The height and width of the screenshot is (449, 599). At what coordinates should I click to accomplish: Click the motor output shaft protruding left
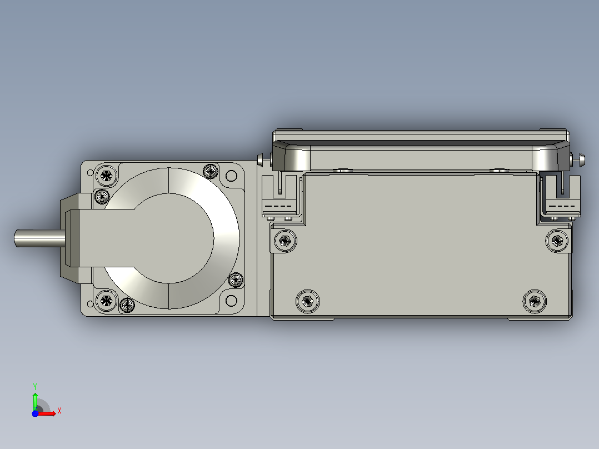click(40, 238)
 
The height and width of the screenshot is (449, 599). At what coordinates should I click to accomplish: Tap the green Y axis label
click(35, 386)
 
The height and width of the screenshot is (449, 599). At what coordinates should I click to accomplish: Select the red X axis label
click(59, 411)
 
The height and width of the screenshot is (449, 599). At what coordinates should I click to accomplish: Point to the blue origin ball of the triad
click(35, 413)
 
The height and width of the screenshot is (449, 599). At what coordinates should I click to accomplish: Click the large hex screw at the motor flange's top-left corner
click(106, 176)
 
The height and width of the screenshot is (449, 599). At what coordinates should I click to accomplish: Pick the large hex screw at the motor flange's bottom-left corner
click(106, 301)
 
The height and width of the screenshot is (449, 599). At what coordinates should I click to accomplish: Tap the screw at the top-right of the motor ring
click(211, 171)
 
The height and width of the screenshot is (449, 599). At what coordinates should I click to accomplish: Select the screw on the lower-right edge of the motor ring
click(236, 280)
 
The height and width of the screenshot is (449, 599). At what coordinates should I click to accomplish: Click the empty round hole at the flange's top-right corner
click(231, 176)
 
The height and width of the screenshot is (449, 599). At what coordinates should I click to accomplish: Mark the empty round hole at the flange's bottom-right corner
click(231, 301)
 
